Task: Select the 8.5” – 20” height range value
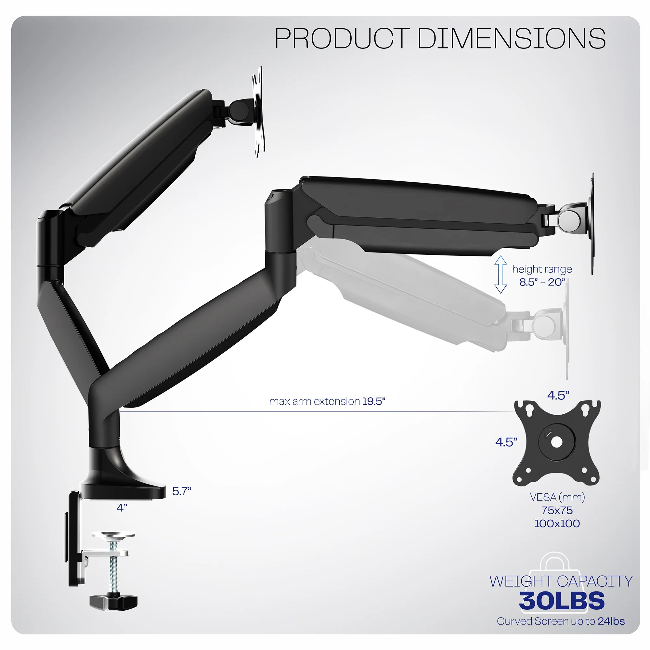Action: click(542, 282)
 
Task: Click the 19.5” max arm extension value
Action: click(373, 401)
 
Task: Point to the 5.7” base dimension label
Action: click(182, 491)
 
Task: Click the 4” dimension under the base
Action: click(122, 507)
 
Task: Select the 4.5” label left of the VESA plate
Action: click(506, 442)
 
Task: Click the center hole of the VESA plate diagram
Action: click(557, 442)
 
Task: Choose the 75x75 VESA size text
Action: click(557, 510)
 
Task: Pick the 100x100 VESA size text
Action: click(557, 524)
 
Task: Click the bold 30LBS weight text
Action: click(562, 601)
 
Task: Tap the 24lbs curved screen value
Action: click(611, 621)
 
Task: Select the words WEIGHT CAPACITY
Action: click(561, 581)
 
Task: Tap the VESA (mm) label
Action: click(557, 497)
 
